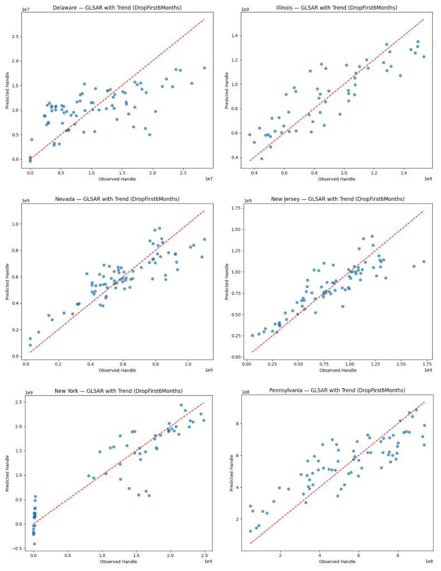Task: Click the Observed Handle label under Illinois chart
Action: click(x=337, y=179)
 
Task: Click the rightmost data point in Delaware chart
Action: click(x=204, y=67)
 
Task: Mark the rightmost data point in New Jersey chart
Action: click(x=424, y=262)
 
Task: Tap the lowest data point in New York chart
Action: click(x=34, y=544)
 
